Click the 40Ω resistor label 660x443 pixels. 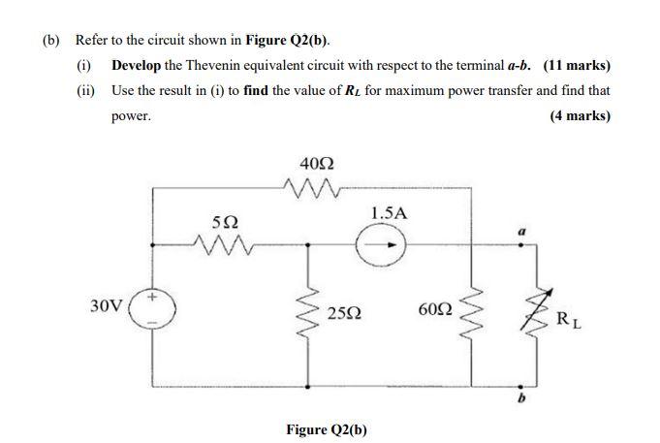[x=319, y=162]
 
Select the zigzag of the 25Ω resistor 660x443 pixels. [x=309, y=312]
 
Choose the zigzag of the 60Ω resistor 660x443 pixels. [x=472, y=311]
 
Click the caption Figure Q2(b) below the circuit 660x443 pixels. [x=327, y=428]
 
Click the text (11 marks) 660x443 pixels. [x=577, y=66]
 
